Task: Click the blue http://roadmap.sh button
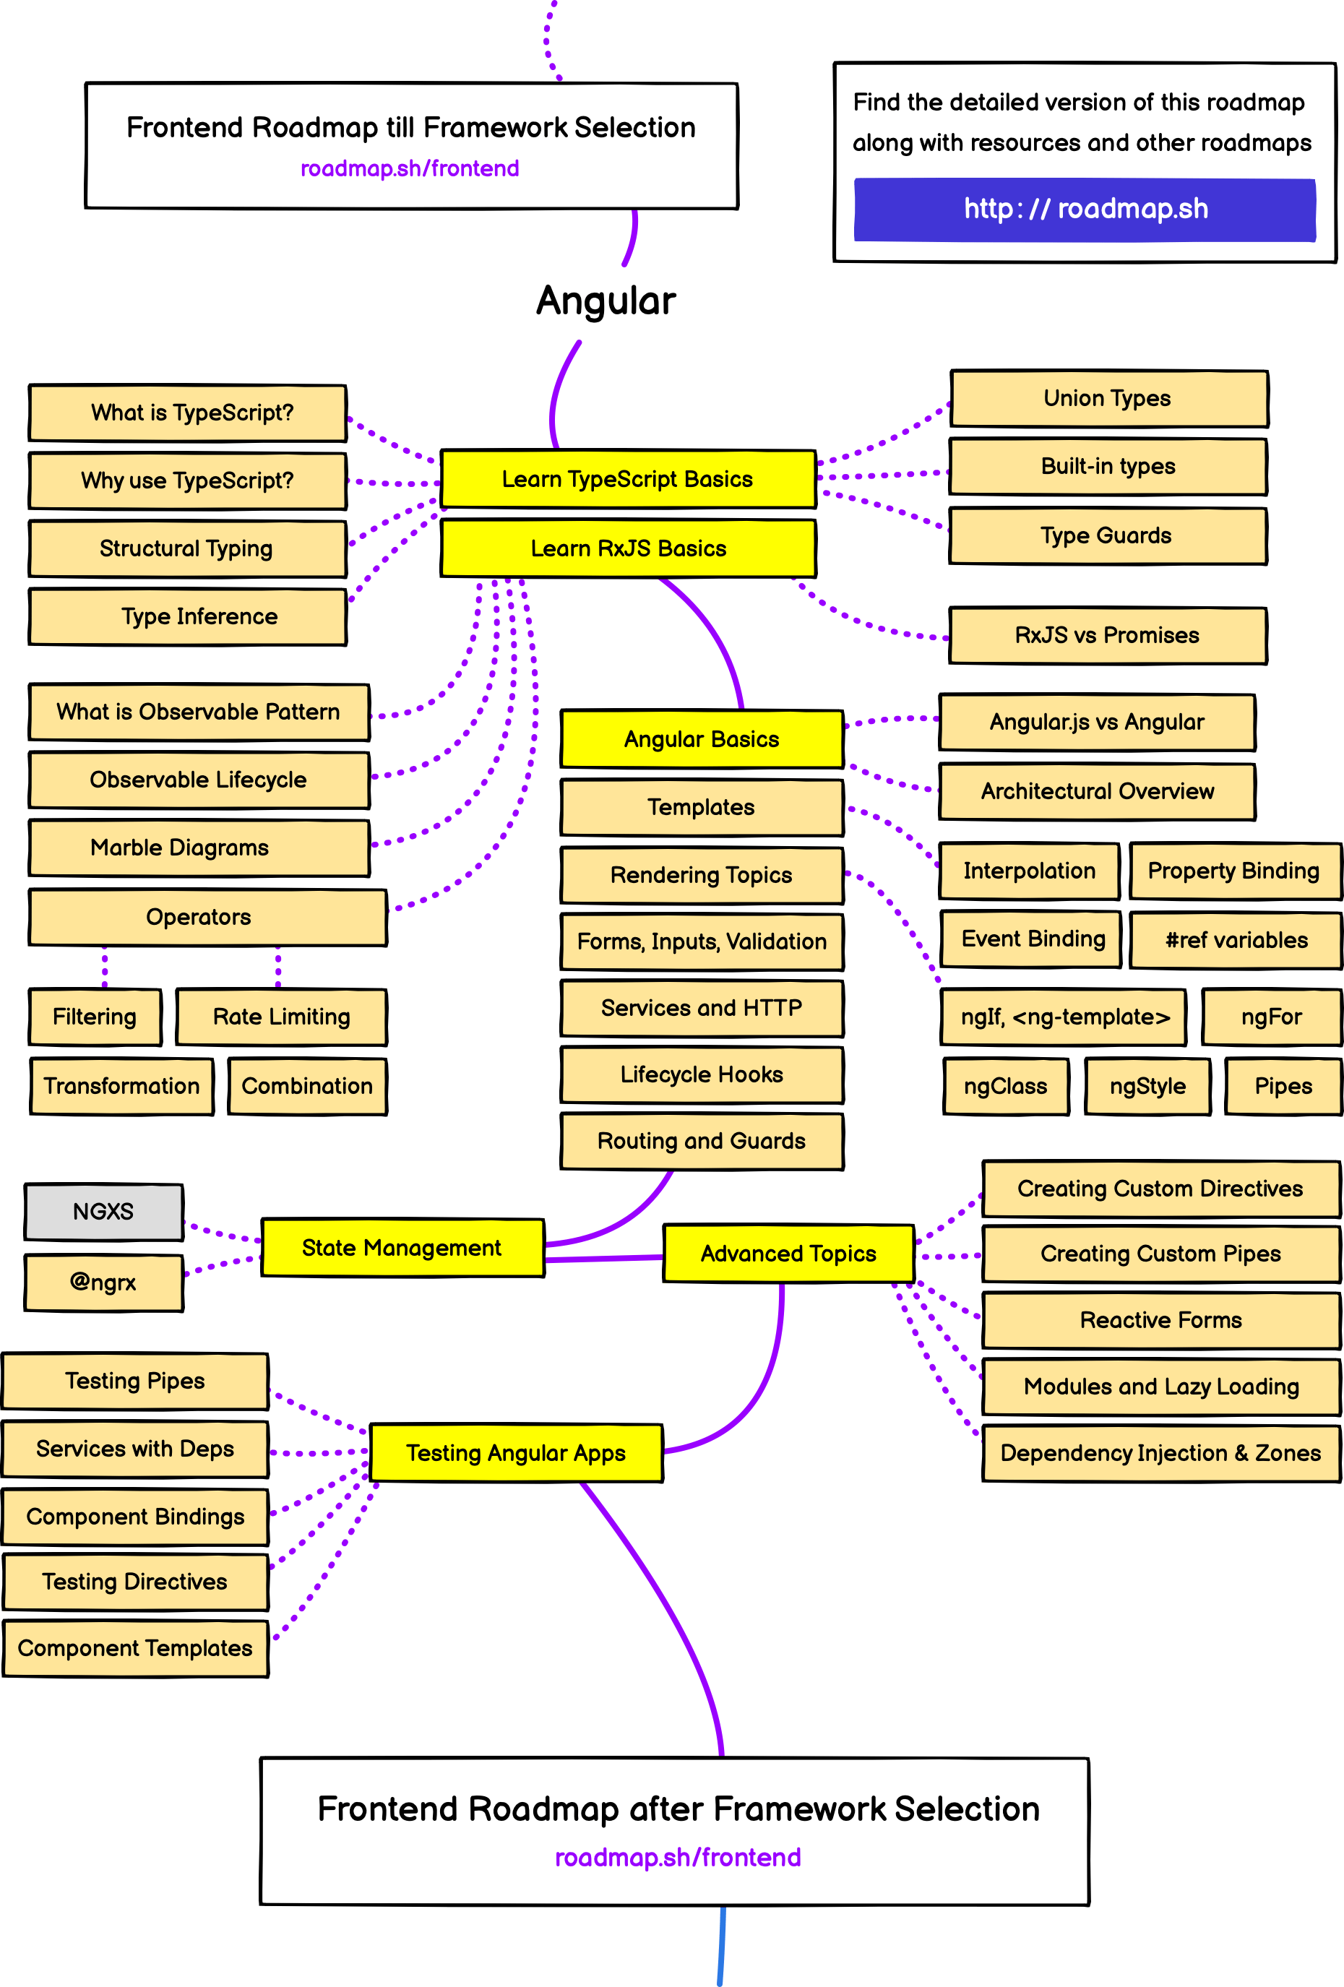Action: point(1084,210)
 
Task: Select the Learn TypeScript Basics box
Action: point(627,479)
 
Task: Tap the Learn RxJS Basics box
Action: point(627,548)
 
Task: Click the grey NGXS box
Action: point(103,1212)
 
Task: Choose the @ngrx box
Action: point(103,1282)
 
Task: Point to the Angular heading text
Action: point(606,301)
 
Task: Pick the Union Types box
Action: point(1108,398)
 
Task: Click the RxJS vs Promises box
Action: point(1107,635)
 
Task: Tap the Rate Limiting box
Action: point(281,1017)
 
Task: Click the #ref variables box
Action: point(1236,939)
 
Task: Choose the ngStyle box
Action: point(1147,1086)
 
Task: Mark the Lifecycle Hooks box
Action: point(701,1074)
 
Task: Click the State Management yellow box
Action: point(402,1247)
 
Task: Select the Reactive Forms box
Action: point(1160,1320)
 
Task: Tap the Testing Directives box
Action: point(135,1582)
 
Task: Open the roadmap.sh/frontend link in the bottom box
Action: point(677,1857)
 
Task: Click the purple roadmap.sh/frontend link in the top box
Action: point(410,168)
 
